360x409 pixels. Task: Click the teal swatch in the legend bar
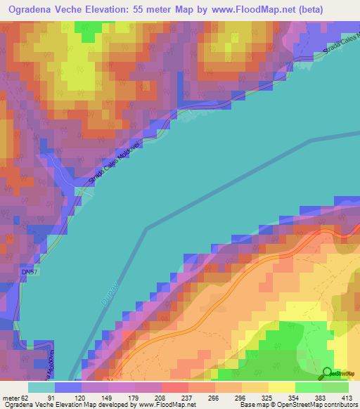41,387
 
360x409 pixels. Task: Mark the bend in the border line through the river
146,228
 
